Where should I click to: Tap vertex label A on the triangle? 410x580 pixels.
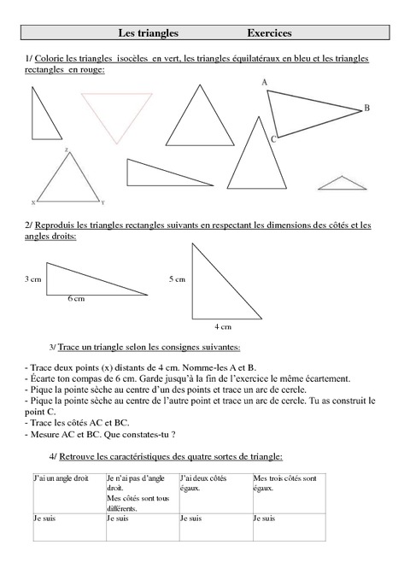click(265, 83)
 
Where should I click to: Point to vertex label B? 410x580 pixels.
click(366, 108)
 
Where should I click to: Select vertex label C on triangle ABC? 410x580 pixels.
click(272, 138)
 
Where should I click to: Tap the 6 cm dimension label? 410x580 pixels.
click(76, 299)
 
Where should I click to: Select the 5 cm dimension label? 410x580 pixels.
click(177, 279)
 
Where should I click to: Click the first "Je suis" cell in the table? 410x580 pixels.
click(44, 518)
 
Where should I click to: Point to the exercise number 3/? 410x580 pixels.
click(54, 348)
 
